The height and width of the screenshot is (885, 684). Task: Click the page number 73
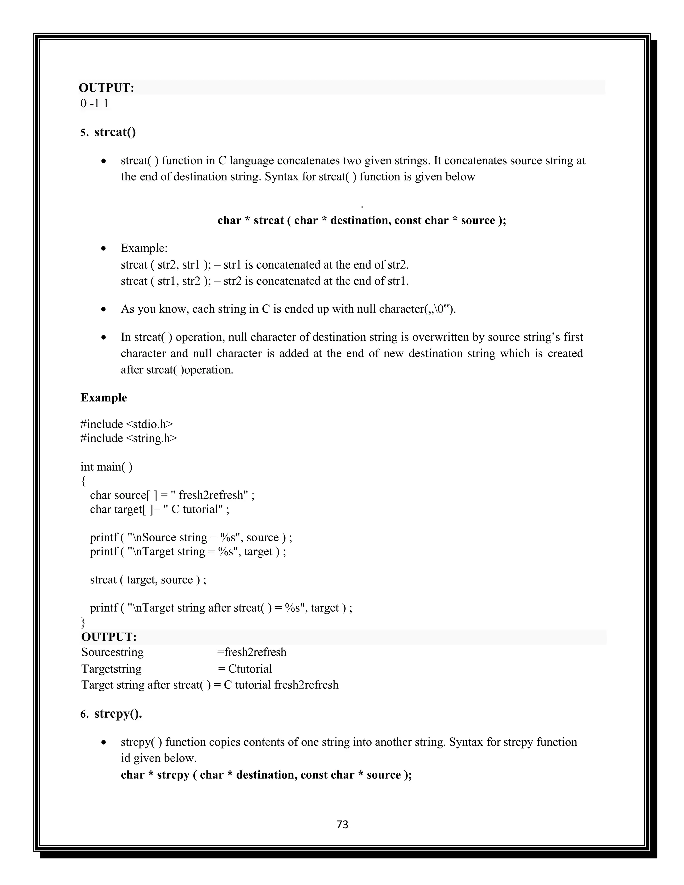[342, 824]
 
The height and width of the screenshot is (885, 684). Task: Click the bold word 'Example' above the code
[104, 397]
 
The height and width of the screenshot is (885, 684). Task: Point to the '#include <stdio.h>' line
[127, 424]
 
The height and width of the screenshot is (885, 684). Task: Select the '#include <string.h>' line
[129, 438]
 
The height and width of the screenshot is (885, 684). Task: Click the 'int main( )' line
[107, 467]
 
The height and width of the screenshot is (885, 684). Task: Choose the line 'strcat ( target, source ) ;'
[148, 579]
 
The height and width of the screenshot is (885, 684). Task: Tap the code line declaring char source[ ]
[172, 495]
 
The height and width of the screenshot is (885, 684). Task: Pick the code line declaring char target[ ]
[160, 509]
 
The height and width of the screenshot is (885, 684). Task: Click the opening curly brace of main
[83, 481]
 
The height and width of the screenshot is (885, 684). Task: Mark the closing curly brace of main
[83, 622]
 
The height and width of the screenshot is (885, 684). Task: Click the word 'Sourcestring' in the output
[113, 652]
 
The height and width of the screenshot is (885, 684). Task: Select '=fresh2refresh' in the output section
[251, 652]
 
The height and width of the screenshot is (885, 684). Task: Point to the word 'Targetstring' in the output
[112, 669]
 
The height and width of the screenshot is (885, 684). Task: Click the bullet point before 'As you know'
[104, 310]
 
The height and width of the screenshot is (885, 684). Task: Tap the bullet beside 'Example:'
[104, 248]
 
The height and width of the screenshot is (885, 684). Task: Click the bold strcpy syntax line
[266, 775]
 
